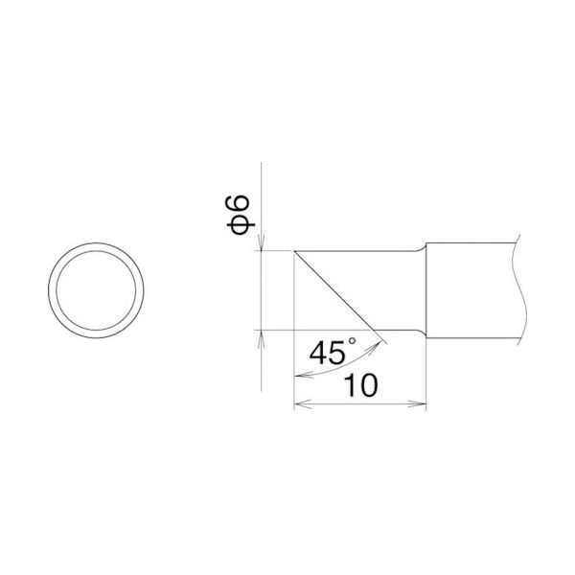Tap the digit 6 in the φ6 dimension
241,202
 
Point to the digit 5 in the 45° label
337,355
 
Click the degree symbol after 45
352,342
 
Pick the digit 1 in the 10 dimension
347,385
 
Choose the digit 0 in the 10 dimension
366,385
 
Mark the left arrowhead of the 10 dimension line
300,404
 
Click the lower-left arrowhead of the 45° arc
298,376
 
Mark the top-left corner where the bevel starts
294,252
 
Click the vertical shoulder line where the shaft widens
425,287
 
